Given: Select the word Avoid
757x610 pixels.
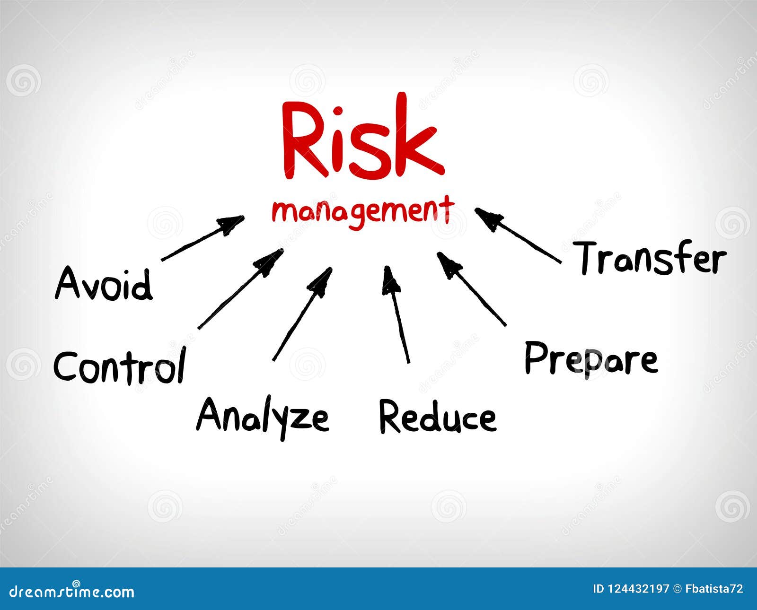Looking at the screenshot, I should click(x=104, y=284).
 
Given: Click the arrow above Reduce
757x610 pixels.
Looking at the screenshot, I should click(x=396, y=314).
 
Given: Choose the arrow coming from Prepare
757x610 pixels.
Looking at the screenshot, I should click(x=471, y=289).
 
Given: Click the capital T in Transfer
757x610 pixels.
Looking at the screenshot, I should click(x=589, y=258).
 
